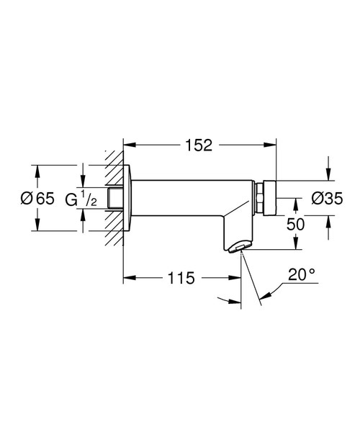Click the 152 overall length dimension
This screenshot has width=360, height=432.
point(199,145)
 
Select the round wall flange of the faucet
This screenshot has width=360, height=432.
point(128,198)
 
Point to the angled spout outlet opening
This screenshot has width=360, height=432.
point(240,248)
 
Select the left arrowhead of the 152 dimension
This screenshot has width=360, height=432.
point(128,145)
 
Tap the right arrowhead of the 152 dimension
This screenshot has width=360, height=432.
point(273,145)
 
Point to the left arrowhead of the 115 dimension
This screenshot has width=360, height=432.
point(128,276)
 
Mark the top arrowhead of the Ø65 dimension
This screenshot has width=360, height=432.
point(35,168)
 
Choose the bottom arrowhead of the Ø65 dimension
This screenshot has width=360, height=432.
point(35,229)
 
